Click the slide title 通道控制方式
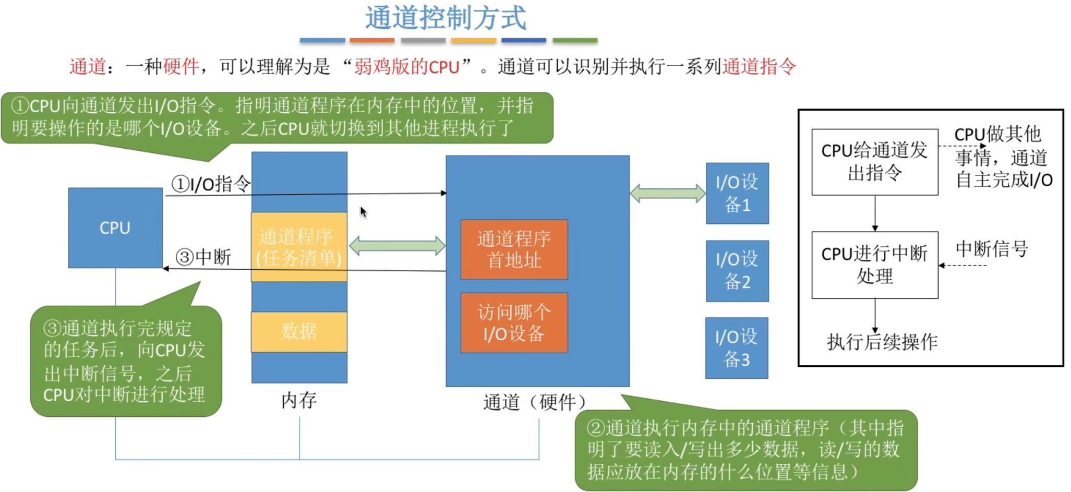click(x=446, y=18)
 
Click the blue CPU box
click(x=115, y=228)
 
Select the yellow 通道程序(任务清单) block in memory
click(x=299, y=247)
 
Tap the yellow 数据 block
click(x=299, y=331)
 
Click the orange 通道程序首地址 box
click(x=514, y=249)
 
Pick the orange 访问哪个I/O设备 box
click(x=514, y=323)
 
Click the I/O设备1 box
click(x=737, y=194)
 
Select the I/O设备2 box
click(x=737, y=271)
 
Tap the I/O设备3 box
click(x=736, y=348)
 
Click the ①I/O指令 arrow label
click(x=211, y=184)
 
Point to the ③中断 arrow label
click(x=203, y=257)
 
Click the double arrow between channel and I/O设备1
click(x=667, y=193)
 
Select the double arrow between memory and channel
click(x=396, y=246)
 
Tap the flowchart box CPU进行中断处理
click(x=874, y=265)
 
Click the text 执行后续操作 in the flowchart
click(x=882, y=342)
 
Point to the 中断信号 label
click(x=991, y=249)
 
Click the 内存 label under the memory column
click(x=299, y=401)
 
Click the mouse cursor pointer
click(x=363, y=212)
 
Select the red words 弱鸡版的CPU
click(x=406, y=67)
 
